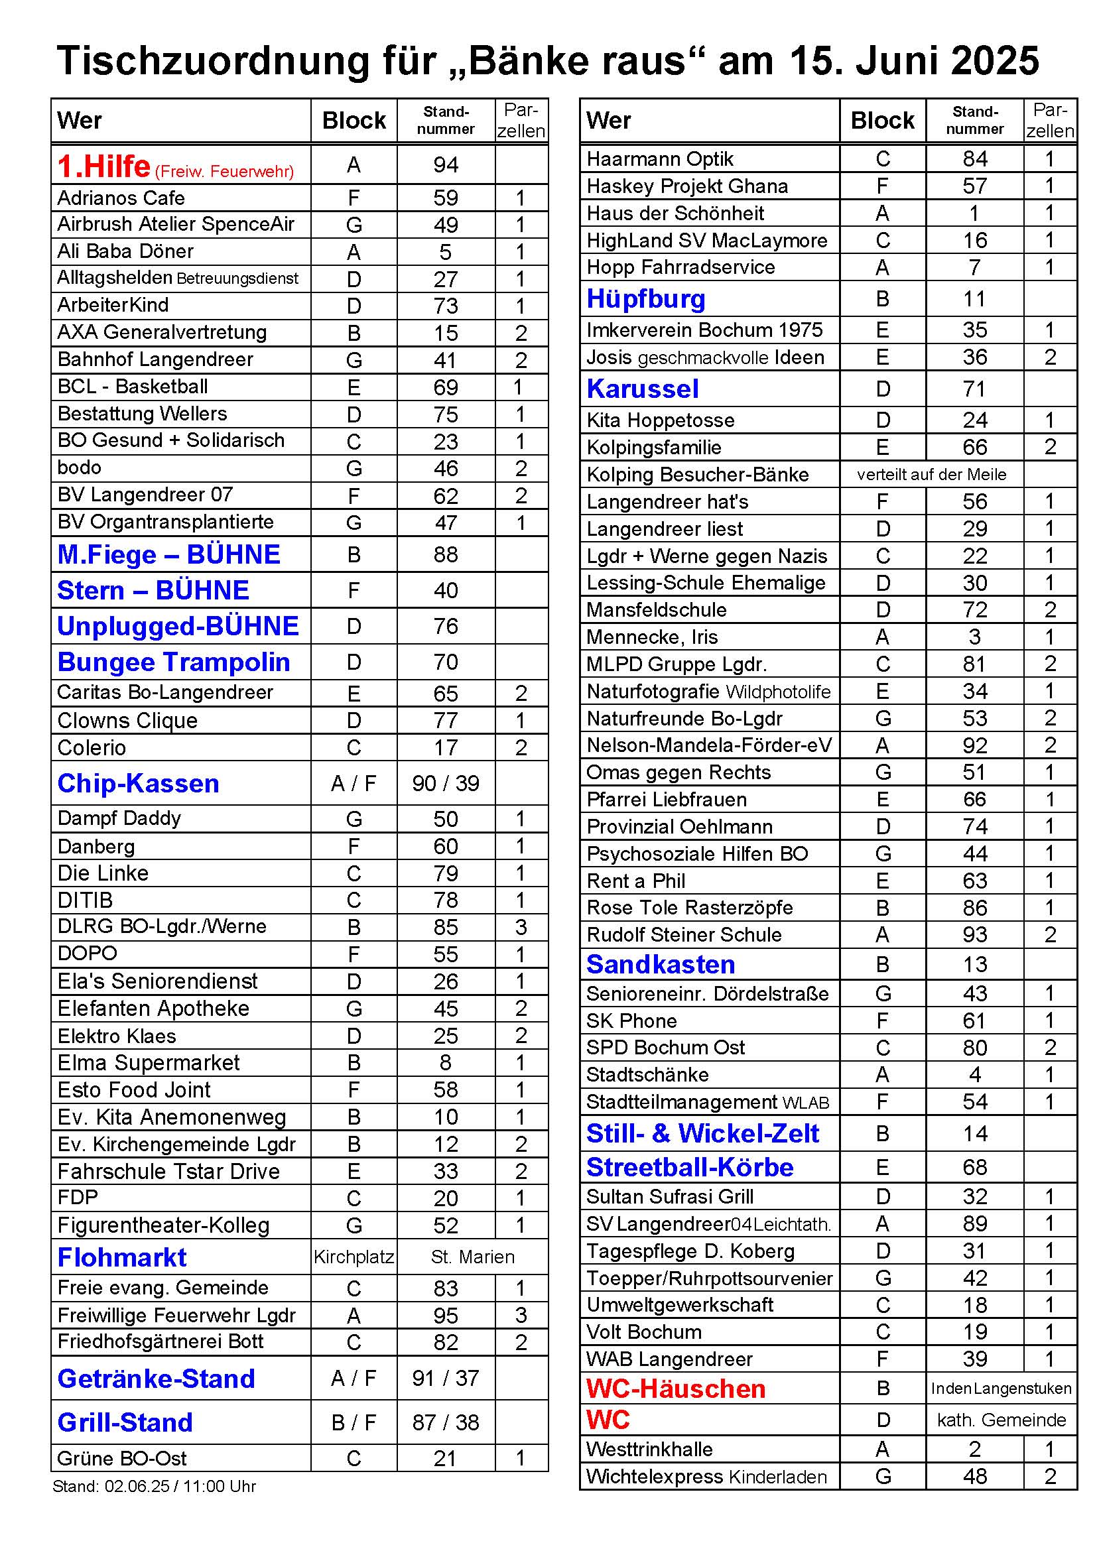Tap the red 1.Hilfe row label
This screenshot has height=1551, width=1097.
(x=104, y=166)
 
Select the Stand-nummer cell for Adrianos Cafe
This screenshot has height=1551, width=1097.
(x=446, y=198)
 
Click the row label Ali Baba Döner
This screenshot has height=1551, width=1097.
(x=125, y=251)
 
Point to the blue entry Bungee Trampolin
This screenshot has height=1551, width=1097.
(x=174, y=662)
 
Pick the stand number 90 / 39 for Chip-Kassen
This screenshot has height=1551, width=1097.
(x=446, y=783)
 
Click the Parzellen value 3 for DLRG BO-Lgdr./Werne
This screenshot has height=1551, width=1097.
(x=521, y=927)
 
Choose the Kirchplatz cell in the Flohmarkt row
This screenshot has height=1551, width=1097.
(x=354, y=1257)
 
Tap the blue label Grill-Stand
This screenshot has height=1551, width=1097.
(x=125, y=1422)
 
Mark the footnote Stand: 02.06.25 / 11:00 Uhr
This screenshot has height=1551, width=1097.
(x=154, y=1486)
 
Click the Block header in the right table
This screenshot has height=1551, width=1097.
(x=882, y=120)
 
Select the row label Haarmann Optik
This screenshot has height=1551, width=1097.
(x=660, y=158)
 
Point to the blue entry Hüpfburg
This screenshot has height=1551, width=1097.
(x=646, y=298)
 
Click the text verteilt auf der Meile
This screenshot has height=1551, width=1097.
(x=931, y=474)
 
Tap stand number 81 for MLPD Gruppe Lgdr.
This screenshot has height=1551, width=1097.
(x=974, y=664)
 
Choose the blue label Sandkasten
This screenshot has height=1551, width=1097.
(x=661, y=964)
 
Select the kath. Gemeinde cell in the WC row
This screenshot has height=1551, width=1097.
(x=1001, y=1420)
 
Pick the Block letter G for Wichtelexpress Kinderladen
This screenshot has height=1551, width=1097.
(x=883, y=1477)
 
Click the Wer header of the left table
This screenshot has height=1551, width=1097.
(x=80, y=121)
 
